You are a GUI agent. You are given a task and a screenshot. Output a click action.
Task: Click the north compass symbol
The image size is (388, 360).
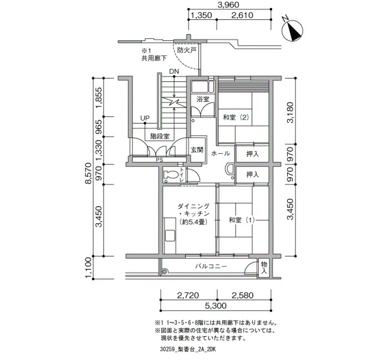pyautogui.click(x=293, y=30)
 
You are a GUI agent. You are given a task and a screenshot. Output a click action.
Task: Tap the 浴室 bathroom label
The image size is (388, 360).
pyautogui.click(x=203, y=99)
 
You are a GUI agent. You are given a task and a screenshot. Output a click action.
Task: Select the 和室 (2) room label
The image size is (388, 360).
pyautogui.click(x=236, y=117)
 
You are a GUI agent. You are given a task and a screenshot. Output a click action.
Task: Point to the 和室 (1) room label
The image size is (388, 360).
pyautogui.click(x=242, y=220)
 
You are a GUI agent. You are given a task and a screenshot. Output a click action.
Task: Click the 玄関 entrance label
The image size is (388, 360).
pyautogui.click(x=197, y=150)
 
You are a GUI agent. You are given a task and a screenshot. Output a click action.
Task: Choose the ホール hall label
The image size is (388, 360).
pyautogui.click(x=221, y=153)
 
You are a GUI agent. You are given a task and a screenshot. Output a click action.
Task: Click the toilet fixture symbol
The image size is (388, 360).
pyautogui.click(x=171, y=175)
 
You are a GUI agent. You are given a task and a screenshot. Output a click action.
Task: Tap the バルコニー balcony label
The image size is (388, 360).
pyautogui.click(x=211, y=266)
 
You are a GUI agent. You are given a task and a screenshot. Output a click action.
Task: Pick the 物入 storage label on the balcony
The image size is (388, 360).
pyautogui.click(x=264, y=268)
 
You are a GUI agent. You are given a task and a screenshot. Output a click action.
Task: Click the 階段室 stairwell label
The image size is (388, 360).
pyautogui.click(x=160, y=136)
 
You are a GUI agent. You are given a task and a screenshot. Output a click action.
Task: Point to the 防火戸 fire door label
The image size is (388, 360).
pyautogui.click(x=187, y=50)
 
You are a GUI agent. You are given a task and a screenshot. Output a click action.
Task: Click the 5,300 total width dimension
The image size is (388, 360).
pyautogui.click(x=216, y=306)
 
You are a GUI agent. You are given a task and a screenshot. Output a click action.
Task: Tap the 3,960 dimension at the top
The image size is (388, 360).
pyautogui.click(x=228, y=4)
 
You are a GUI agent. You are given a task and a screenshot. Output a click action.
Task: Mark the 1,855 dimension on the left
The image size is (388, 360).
pyautogui.click(x=99, y=98)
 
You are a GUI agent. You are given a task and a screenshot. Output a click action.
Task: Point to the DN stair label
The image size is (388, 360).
pyautogui.click(x=174, y=71)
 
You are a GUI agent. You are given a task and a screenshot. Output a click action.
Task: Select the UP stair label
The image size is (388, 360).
pyautogui.click(x=145, y=118)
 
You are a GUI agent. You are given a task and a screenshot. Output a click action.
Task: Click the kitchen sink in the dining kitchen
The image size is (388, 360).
pyautogui.click(x=170, y=235)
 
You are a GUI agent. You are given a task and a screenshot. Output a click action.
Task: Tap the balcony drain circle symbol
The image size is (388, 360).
pyautogui.click(x=164, y=272)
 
